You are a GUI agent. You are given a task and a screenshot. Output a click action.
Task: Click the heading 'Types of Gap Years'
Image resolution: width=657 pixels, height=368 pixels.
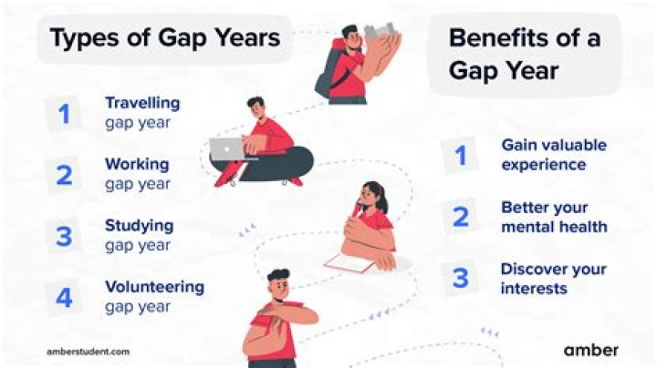pos(164,39)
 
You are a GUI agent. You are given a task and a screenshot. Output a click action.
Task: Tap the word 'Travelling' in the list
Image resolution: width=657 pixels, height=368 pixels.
pos(141,103)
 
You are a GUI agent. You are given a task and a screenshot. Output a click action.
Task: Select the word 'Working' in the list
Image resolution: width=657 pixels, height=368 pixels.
pos(136,165)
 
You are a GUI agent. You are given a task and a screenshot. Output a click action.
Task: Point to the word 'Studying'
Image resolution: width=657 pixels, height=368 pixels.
pos(139,225)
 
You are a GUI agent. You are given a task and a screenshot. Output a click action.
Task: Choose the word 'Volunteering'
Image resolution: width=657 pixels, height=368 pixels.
pos(154,286)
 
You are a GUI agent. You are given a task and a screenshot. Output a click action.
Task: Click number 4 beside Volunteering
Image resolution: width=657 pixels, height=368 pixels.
pos(64,296)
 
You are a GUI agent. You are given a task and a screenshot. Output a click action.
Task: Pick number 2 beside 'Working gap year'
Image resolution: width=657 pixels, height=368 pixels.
pos(64,174)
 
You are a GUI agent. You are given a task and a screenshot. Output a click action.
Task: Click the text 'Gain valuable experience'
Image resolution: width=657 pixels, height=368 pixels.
pos(553,155)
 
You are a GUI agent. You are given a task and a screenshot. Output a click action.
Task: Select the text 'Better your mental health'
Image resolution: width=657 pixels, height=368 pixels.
pos(553,217)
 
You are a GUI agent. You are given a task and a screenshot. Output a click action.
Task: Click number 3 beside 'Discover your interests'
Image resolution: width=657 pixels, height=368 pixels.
pos(461,278)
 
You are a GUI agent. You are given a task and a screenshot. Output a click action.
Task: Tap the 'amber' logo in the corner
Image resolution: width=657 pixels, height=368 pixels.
pos(590,350)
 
